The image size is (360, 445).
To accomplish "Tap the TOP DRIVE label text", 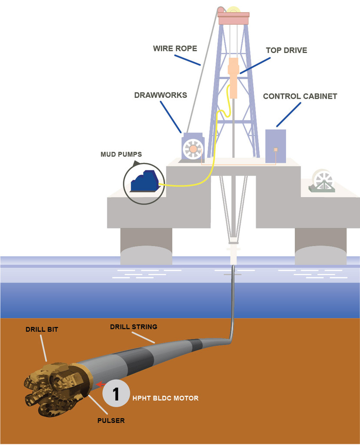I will tap(286, 50).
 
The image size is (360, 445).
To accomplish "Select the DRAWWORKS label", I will tap(160, 95).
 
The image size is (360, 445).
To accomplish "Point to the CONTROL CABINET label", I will tap(300, 96).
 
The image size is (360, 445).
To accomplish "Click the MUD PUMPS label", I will tap(121, 154).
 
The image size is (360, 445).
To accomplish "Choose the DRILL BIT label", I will tap(41, 330).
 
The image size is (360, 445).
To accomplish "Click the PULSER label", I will tap(111, 421).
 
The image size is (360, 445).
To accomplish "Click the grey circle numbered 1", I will tap(116, 394).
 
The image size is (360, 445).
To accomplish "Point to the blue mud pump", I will tap(145, 181).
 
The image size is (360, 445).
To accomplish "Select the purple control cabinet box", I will tap(275, 146).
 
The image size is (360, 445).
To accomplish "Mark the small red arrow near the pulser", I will tap(100, 384).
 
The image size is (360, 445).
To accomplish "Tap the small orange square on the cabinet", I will tap(276, 150).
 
